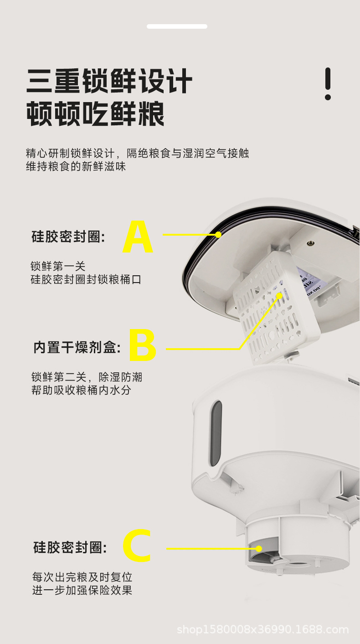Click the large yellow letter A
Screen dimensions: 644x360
(x=138, y=237)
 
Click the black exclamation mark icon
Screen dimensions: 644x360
(x=328, y=84)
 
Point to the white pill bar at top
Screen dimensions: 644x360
(x=177, y=26)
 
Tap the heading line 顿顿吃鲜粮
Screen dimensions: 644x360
(x=95, y=114)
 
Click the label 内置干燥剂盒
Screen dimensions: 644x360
(x=77, y=348)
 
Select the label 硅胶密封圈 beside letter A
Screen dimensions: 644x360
(x=68, y=237)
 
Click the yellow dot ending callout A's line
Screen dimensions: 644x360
(x=218, y=235)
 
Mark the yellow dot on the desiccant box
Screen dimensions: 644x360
(x=279, y=296)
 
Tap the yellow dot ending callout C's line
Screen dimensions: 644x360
(x=258, y=548)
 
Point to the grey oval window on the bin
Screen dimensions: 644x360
(x=216, y=433)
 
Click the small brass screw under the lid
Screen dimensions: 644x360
(x=311, y=243)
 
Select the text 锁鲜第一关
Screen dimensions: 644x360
(x=58, y=266)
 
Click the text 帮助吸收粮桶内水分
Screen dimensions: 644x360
(x=81, y=391)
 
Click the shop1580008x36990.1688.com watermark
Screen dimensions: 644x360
(x=263, y=630)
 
